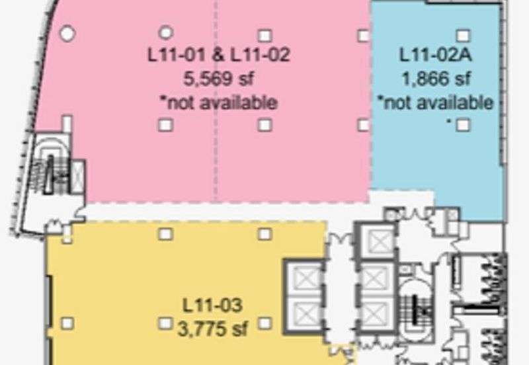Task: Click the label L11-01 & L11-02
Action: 219,55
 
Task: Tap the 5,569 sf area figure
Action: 218,79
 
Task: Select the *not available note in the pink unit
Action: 218,102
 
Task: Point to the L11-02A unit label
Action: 435,55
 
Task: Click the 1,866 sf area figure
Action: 436,79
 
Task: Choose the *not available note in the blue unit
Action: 435,102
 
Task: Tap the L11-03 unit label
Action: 212,305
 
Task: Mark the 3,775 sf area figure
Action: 212,329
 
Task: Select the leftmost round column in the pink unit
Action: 67,34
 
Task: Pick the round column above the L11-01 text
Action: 166,32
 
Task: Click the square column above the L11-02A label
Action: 464,36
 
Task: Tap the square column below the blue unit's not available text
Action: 464,125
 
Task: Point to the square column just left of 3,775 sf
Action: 165,323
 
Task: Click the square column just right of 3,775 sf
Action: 265,323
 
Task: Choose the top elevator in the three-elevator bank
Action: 377,241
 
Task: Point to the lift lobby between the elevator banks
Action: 340,290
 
